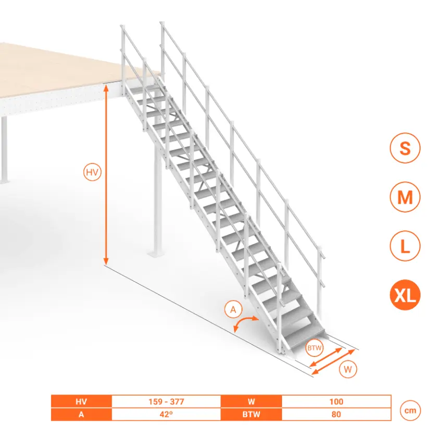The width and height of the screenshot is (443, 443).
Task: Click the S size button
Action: [405, 148]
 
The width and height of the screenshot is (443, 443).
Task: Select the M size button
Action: [405, 197]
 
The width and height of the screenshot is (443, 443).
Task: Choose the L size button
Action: [405, 246]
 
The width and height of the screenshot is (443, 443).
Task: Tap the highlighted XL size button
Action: [405, 295]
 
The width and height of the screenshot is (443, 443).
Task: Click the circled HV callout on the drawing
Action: [92, 172]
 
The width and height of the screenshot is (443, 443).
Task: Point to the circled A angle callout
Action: [233, 310]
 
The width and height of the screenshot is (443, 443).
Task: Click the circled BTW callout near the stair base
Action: [314, 348]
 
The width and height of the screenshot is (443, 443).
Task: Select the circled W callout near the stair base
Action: [348, 369]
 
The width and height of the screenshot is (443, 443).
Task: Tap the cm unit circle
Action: [410, 411]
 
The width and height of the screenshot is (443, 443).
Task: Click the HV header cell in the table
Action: [81, 401]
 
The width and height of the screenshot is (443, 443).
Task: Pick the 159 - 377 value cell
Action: [166, 401]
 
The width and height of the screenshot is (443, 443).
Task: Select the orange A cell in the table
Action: [81, 414]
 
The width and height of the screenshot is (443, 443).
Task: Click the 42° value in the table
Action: [166, 414]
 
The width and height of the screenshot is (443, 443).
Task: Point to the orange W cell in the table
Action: [251, 401]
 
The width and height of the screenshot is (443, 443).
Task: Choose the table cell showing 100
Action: [336, 401]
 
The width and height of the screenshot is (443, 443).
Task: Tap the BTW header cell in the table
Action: [251, 414]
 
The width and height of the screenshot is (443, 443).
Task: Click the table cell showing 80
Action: [336, 414]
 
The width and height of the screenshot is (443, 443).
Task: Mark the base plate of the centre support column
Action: [156, 253]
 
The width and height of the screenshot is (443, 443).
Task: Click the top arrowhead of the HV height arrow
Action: [106, 87]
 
